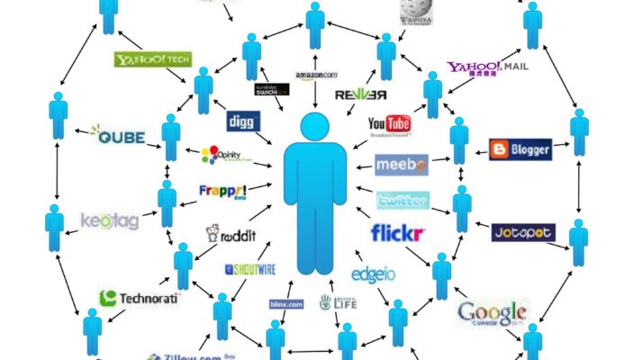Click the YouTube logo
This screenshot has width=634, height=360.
pos(389,124)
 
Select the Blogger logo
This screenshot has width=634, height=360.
pos(520,149)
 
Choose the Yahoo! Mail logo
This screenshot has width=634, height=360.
pos(486,68)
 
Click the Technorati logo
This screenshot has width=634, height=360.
pos(140,298)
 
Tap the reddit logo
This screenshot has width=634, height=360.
pos(231,236)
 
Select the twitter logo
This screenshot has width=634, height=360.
pos(403,200)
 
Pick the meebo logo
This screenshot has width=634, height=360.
pos(401,166)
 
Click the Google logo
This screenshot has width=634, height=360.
pos(492,312)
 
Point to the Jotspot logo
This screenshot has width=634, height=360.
pos(523,233)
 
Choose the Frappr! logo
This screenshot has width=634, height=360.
pos(222,192)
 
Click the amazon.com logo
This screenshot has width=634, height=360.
pos(316,76)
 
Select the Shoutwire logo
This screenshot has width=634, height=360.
pos(249,268)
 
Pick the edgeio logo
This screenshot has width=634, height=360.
pos(374,274)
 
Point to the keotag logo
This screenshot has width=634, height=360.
pos(110,220)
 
